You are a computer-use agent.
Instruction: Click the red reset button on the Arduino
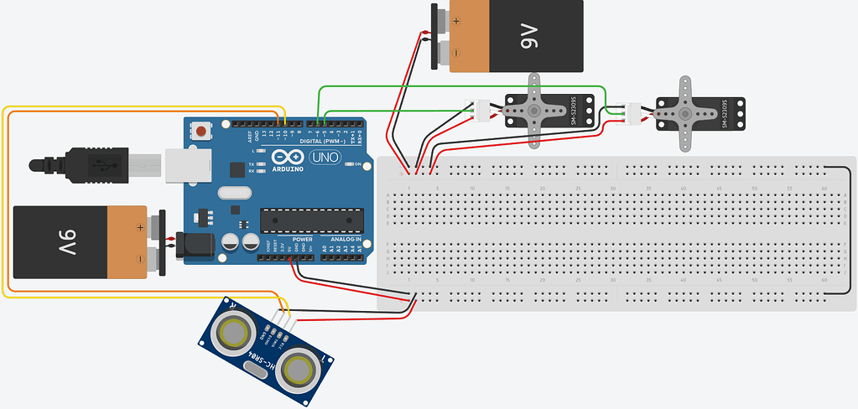(x=202, y=131)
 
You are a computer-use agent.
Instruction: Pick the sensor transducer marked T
(x=297, y=369)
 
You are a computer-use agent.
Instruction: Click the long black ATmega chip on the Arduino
(x=309, y=220)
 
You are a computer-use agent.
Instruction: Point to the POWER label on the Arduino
(x=302, y=239)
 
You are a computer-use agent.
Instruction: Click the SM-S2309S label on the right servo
(x=722, y=113)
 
